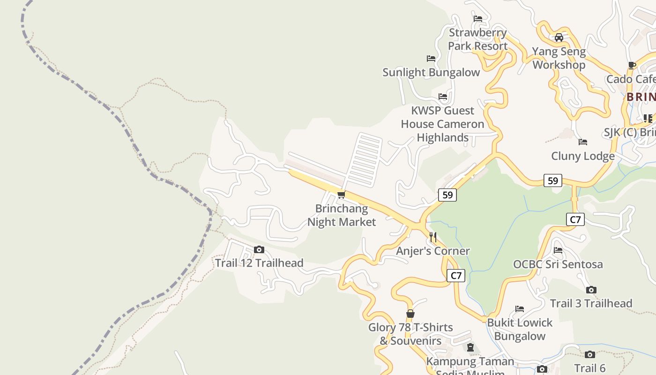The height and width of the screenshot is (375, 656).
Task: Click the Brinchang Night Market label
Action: [x=342, y=215]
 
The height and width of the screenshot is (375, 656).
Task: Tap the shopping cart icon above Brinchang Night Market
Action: [x=341, y=195]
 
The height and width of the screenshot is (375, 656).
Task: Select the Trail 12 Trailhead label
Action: [x=259, y=263]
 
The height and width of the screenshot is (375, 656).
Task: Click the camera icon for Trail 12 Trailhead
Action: [x=259, y=250]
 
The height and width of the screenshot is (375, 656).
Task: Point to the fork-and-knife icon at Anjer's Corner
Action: [x=433, y=237]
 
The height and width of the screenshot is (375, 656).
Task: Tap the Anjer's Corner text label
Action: [x=433, y=251]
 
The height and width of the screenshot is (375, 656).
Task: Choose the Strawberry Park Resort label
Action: [x=477, y=39]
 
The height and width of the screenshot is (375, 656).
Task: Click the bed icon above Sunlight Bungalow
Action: [x=431, y=59]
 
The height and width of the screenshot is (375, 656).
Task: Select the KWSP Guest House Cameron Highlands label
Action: [x=442, y=124]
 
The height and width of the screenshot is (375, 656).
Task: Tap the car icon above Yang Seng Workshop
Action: [x=559, y=37]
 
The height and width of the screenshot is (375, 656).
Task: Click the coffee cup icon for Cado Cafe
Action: [x=632, y=65]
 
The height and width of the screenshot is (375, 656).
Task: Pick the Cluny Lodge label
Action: [x=583, y=156]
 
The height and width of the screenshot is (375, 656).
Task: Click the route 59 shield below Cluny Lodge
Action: [x=553, y=180]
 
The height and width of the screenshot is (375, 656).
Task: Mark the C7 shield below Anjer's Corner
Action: [x=456, y=276]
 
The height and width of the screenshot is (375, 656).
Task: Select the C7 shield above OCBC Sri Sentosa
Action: [x=575, y=219]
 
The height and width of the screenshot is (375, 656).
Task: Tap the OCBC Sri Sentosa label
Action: [x=558, y=264]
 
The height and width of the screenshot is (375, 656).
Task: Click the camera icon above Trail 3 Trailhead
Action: [x=591, y=290]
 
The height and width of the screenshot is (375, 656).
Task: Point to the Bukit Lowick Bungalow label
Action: [x=520, y=330]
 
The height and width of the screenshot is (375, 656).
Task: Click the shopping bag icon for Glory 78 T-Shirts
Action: [x=410, y=314]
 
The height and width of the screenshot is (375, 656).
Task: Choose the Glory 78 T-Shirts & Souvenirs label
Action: [x=410, y=334]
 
